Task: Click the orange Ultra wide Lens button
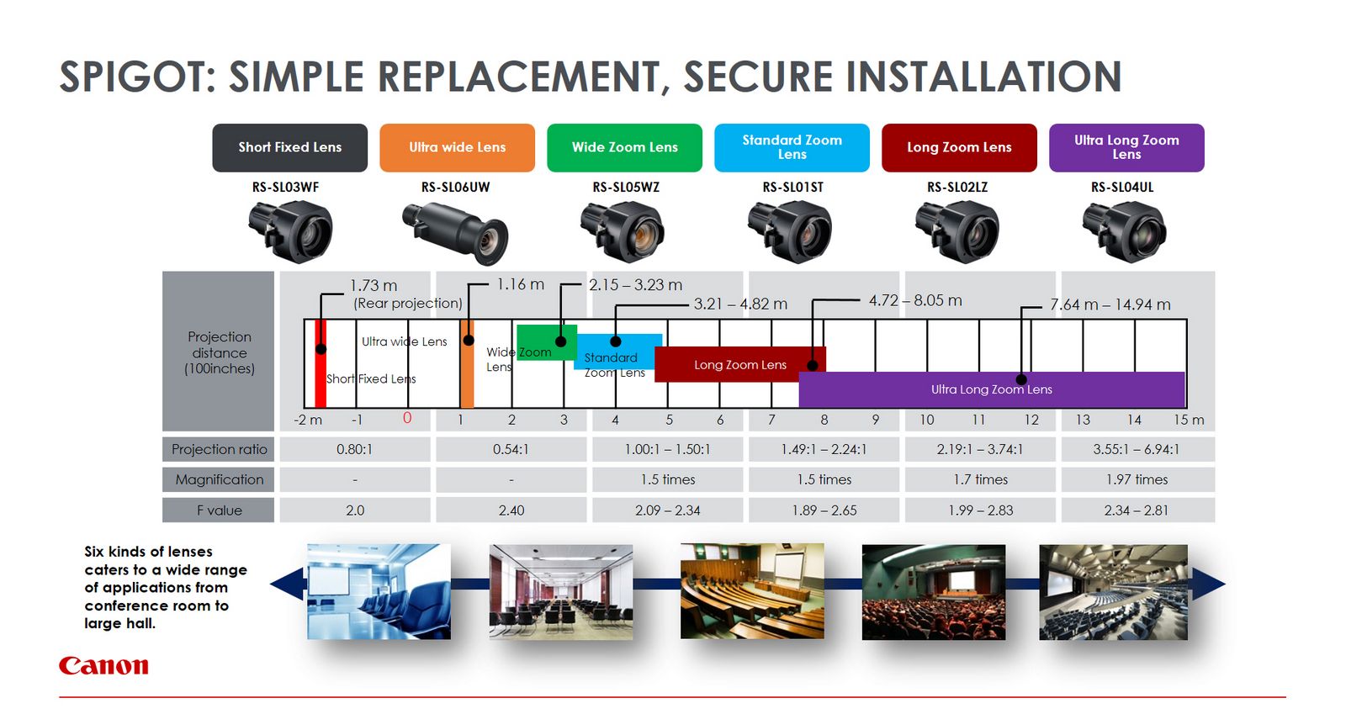tap(457, 148)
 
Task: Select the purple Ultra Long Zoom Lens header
tap(1126, 148)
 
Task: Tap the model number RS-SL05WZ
tap(626, 188)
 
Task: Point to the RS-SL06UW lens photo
tap(455, 233)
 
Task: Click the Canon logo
tap(103, 665)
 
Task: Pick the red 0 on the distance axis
tap(407, 418)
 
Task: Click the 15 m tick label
tap(1189, 420)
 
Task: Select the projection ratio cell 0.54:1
tap(511, 449)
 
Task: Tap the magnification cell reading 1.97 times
tap(1137, 479)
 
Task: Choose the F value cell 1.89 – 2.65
tap(824, 510)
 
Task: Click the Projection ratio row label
tap(219, 449)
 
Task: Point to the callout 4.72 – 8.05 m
tap(915, 300)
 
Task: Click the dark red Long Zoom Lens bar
tap(740, 364)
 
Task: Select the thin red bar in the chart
tap(321, 364)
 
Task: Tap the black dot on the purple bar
tap(1021, 379)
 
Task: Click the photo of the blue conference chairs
tap(379, 591)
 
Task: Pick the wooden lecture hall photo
tap(752, 591)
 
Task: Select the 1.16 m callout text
tap(521, 284)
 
